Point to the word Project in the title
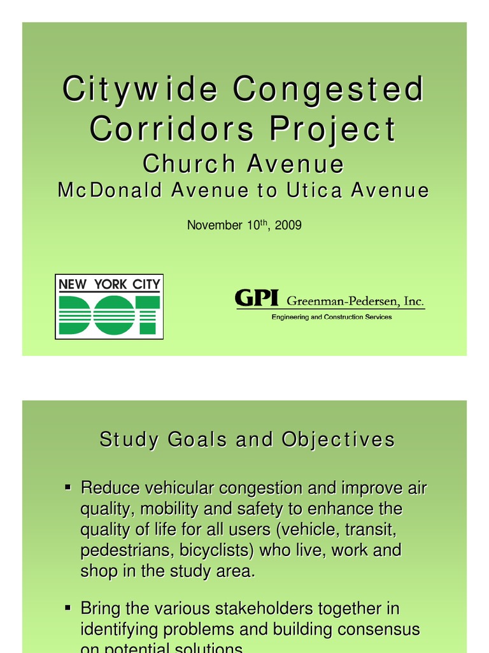332,131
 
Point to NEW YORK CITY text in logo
109,284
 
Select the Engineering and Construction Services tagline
332,317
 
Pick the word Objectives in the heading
344,441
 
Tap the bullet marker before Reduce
67,488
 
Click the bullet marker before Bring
67,608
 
